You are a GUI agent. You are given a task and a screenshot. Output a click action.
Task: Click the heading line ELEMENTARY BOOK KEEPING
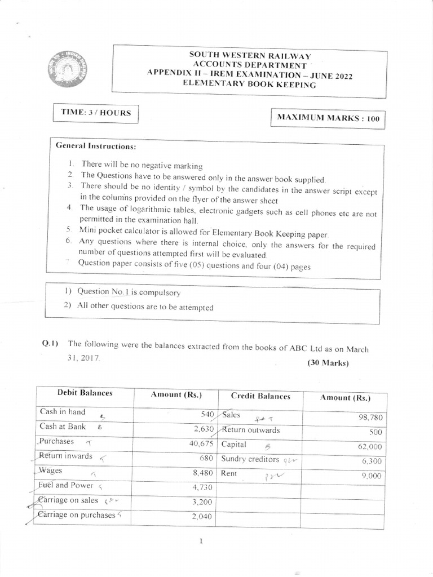251,85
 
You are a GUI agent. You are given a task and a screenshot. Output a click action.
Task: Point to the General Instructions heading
96,146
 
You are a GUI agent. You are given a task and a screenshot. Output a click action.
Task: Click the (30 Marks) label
328,363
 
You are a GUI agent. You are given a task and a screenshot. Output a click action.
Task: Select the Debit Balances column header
85,393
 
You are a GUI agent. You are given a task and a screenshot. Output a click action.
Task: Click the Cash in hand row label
63,412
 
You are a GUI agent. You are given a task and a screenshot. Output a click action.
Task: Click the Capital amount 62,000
370,447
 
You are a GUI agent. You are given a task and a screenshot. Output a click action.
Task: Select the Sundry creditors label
250,459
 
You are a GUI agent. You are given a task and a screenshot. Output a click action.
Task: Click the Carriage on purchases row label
76,514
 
